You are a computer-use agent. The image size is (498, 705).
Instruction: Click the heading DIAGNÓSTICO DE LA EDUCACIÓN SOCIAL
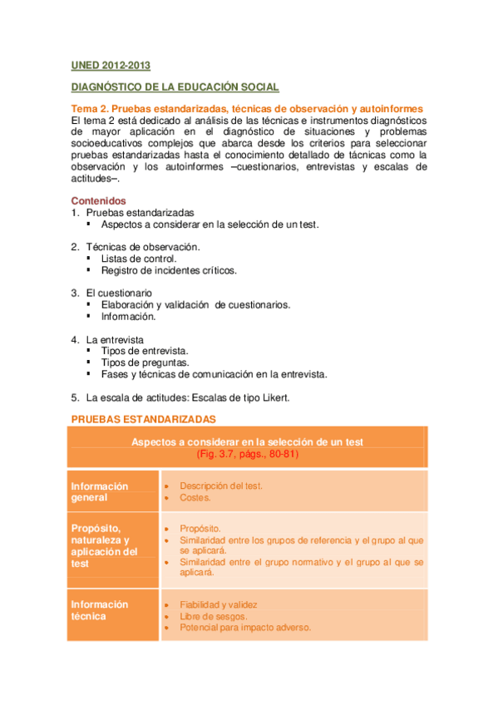coord(175,87)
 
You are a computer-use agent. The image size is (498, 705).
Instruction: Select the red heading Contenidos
coord(98,200)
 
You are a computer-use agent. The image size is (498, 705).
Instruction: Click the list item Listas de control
coord(139,259)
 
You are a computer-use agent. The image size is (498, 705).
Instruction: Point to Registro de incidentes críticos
coord(169,270)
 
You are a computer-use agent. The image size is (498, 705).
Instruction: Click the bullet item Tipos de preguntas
coord(145,362)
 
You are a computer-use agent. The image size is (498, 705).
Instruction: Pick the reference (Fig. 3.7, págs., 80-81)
coord(248,455)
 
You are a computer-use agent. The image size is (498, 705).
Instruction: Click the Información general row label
coord(100,491)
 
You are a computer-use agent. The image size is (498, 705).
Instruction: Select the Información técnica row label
coord(100,610)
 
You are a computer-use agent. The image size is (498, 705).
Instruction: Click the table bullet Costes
coord(195,497)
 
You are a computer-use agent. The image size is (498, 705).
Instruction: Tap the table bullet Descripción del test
coord(221,486)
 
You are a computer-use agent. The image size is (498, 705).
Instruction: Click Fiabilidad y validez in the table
coord(219,604)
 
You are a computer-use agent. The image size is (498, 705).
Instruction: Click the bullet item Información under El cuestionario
coord(129,316)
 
